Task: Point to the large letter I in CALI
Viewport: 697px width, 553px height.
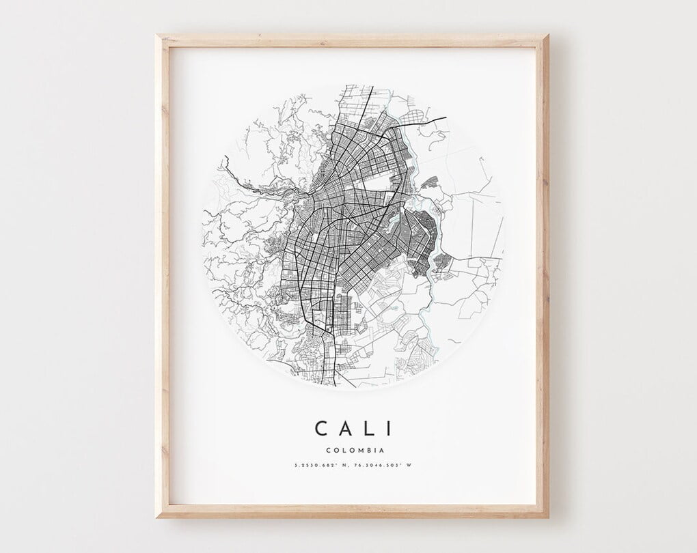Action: point(389,428)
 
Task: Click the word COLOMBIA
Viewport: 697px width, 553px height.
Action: point(355,450)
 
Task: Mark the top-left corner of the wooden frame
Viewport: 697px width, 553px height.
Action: point(157,36)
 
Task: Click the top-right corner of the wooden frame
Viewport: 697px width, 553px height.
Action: point(547,36)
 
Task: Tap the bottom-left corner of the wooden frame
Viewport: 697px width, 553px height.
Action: point(157,517)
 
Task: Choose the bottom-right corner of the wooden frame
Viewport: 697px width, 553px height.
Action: point(547,517)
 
